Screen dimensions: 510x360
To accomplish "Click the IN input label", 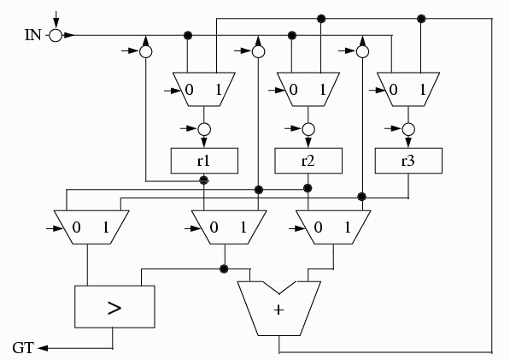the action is pyautogui.click(x=33, y=35).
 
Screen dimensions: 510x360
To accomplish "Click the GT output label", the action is pyautogui.click(x=23, y=348).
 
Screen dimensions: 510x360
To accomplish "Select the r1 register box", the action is pyautogui.click(x=204, y=161).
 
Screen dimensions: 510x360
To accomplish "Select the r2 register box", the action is pyautogui.click(x=308, y=161).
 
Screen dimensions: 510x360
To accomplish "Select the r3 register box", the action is pyautogui.click(x=408, y=161).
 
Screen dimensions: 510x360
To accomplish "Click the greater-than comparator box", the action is pyautogui.click(x=114, y=307).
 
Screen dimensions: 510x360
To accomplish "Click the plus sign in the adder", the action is pyautogui.click(x=278, y=310).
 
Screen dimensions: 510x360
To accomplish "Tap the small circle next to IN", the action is pyautogui.click(x=56, y=35).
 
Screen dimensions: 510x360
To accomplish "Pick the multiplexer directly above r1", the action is pyautogui.click(x=204, y=89).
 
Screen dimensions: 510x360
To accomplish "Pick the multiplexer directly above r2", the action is pyautogui.click(x=308, y=89).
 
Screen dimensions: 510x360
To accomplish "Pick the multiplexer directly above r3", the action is pyautogui.click(x=408, y=89).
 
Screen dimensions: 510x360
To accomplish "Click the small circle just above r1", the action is pyautogui.click(x=204, y=129).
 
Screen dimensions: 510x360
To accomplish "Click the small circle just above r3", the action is pyautogui.click(x=408, y=129).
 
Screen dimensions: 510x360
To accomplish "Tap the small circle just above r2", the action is pyautogui.click(x=308, y=129).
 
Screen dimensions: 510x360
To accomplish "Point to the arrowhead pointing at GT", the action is pyautogui.click(x=43, y=348).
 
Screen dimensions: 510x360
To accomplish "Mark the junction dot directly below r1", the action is pyautogui.click(x=204, y=180).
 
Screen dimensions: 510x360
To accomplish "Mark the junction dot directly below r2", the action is pyautogui.click(x=308, y=188).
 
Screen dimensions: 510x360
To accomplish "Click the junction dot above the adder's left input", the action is pyautogui.click(x=224, y=269).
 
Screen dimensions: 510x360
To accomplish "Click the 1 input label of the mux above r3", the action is pyautogui.click(x=422, y=89).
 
